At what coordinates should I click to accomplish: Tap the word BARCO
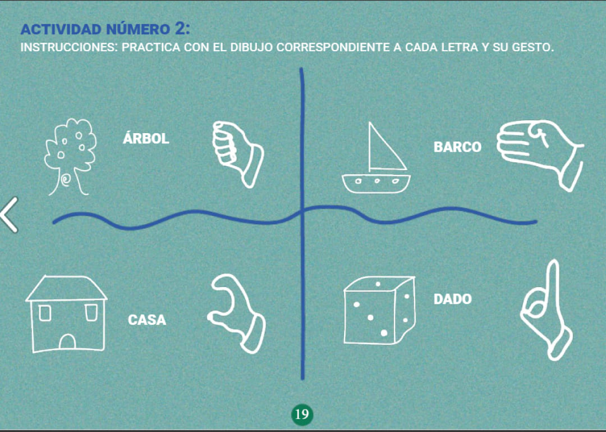457,147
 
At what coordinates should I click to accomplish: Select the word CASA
147,320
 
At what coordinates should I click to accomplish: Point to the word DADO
453,299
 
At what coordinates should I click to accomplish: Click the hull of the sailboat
376,183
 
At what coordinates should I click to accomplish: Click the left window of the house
45,313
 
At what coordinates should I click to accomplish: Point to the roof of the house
66,288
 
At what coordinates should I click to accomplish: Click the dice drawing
379,310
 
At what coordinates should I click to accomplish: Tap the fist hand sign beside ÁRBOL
237,153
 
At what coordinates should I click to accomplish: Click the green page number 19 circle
302,414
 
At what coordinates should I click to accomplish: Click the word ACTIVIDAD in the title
61,29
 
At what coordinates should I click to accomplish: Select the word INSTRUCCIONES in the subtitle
69,47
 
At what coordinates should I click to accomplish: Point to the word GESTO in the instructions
533,47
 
